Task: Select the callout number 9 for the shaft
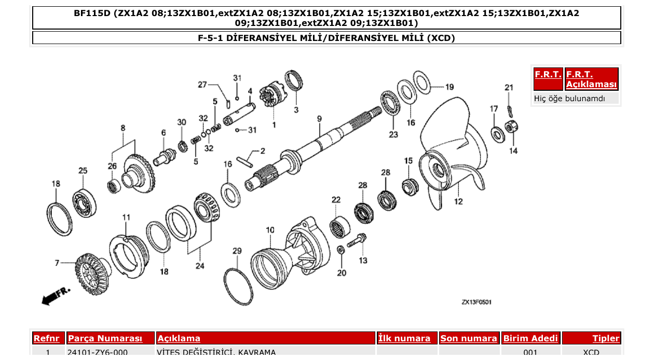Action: pos(320,119)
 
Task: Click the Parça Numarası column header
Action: pos(105,338)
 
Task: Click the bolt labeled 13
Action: pos(358,241)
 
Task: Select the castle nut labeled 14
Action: pos(512,126)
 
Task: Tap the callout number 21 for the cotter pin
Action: pos(509,88)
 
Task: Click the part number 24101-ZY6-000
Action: pos(97,353)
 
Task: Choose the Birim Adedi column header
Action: pos(530,338)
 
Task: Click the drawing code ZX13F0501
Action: pos(476,302)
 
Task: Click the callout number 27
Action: pos(202,85)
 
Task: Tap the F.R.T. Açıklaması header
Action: pos(591,79)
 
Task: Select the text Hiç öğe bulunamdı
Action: pos(569,98)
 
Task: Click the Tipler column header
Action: pos(606,338)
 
